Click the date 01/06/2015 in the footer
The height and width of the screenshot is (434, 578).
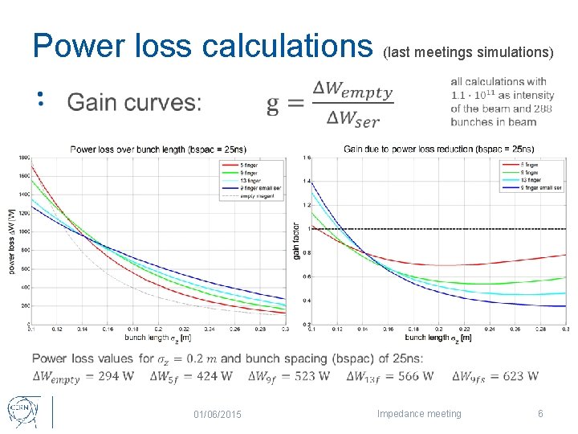(221, 414)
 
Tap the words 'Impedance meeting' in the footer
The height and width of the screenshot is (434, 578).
(419, 414)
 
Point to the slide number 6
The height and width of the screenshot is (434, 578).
(540, 414)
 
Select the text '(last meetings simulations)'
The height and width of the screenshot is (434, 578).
(468, 52)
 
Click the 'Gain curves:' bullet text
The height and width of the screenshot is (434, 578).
(134, 102)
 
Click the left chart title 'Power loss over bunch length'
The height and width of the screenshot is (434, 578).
(158, 149)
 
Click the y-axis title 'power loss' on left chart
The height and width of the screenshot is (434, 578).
(12, 241)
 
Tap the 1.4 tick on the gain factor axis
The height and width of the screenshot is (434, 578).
(306, 182)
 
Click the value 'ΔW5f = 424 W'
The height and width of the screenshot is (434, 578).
(195, 376)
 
